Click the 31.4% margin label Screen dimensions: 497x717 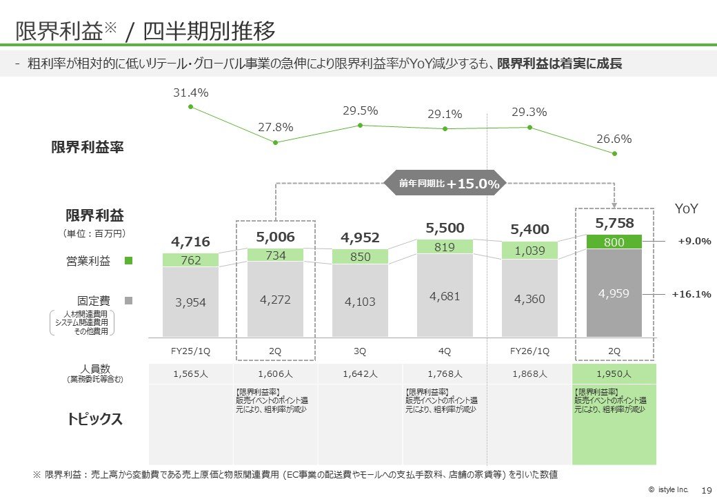[x=190, y=92]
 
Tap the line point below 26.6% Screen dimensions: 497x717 [x=614, y=154]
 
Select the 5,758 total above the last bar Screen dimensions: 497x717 [x=614, y=223]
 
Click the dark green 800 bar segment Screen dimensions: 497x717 [x=614, y=242]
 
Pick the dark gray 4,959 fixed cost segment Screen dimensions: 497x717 [x=614, y=293]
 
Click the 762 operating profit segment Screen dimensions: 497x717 [x=190, y=260]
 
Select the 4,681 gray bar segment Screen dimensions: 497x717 [x=445, y=295]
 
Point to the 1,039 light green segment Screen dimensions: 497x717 [x=529, y=251]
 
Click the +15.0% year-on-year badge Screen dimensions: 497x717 [x=445, y=184]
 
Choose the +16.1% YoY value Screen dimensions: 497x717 [x=691, y=294]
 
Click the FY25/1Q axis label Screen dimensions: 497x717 [x=190, y=351]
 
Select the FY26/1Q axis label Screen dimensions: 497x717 [x=529, y=351]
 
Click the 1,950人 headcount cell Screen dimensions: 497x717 [x=614, y=374]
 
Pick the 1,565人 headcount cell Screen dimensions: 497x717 [x=190, y=374]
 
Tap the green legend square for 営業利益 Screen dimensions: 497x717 [x=128, y=261]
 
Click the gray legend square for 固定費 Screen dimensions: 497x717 [x=128, y=301]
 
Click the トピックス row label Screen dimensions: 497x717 [x=94, y=419]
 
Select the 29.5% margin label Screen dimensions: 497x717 [x=360, y=110]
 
